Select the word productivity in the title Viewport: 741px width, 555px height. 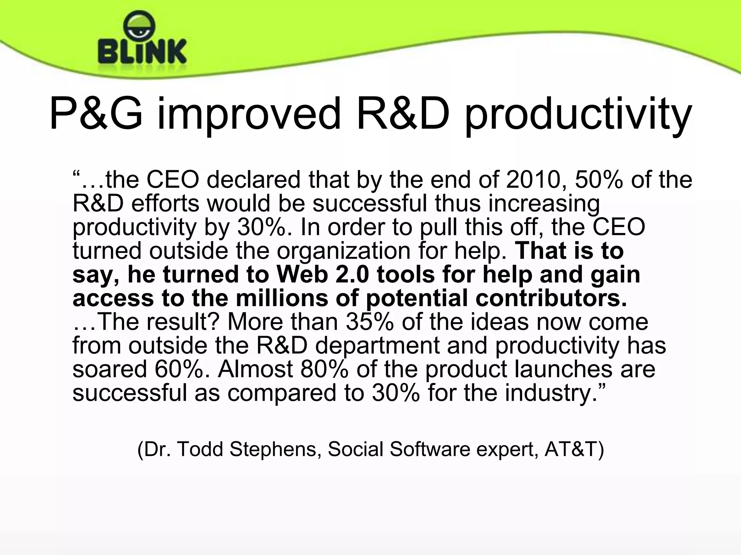(578, 115)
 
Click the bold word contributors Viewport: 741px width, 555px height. (551, 298)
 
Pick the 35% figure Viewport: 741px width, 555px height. (370, 322)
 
